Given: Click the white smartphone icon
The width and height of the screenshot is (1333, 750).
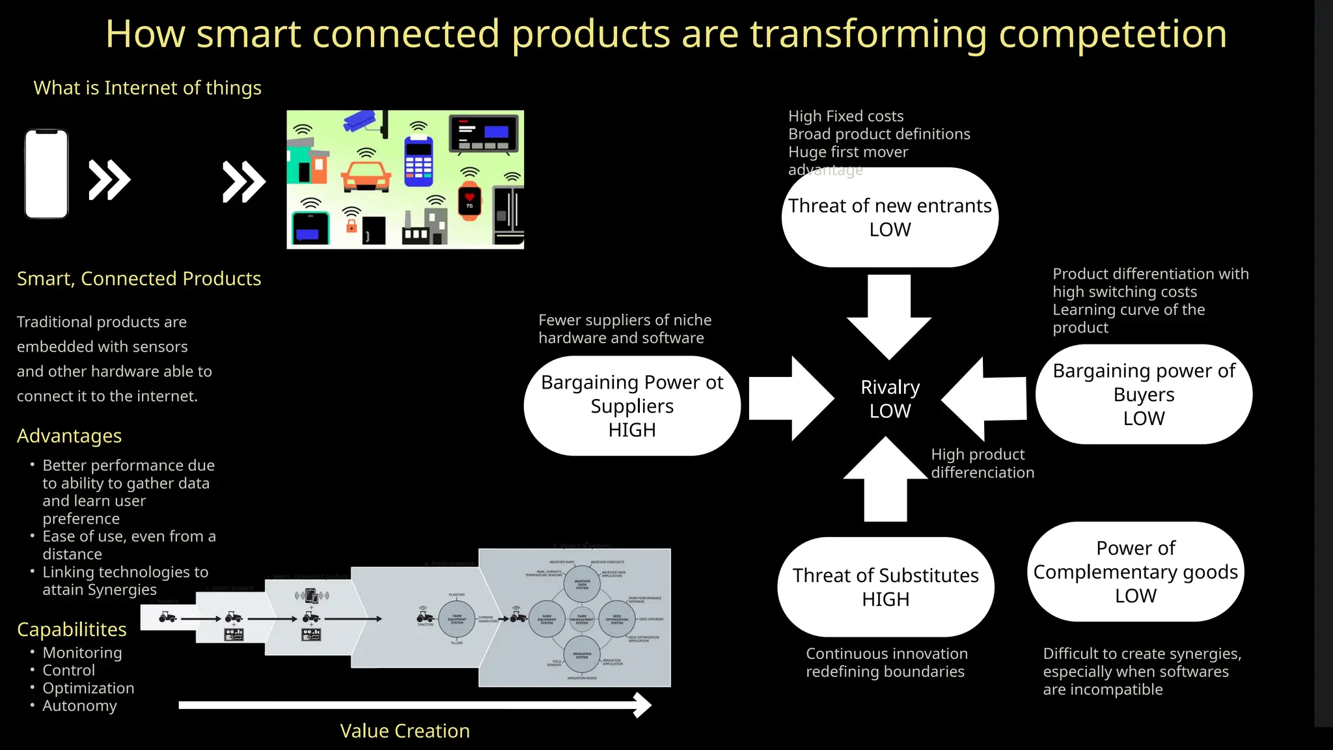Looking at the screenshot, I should [46, 174].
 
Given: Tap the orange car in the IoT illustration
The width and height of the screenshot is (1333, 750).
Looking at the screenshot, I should [366, 176].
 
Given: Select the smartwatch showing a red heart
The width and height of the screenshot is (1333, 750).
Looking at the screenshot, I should [469, 202].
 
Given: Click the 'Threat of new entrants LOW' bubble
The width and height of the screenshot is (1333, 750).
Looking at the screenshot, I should [890, 217].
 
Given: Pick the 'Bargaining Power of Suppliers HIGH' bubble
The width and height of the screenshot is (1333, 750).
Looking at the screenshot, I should [632, 406].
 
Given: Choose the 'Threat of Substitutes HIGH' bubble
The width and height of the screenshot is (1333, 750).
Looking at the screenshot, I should [885, 587].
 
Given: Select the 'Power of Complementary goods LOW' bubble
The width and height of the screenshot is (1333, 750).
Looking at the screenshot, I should [1136, 572].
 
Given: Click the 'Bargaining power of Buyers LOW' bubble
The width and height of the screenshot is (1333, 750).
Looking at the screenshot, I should [1144, 395].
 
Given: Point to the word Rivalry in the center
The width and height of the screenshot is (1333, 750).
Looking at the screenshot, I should [890, 387].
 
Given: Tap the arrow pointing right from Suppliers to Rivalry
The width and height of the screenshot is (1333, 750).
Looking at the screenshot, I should [791, 398].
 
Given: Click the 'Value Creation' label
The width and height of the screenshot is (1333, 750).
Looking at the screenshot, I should [404, 731].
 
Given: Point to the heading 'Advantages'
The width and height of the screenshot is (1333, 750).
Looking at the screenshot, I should [69, 436].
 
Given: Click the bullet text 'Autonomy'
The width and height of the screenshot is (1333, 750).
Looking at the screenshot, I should [79, 706].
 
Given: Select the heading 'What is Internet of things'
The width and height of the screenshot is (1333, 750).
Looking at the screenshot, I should [147, 88].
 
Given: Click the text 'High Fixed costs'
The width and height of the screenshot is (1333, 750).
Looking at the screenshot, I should [845, 117].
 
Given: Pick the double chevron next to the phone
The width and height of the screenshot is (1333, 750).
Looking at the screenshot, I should [109, 180].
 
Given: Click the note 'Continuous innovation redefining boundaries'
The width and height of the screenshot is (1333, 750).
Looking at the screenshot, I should [886, 663].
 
